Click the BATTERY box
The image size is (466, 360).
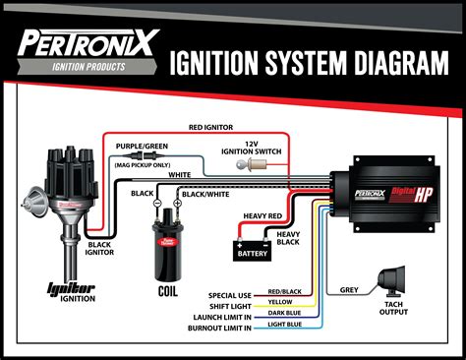(x=253, y=253)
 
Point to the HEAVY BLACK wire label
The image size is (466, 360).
(x=288, y=238)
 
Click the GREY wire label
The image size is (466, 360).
(x=350, y=290)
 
